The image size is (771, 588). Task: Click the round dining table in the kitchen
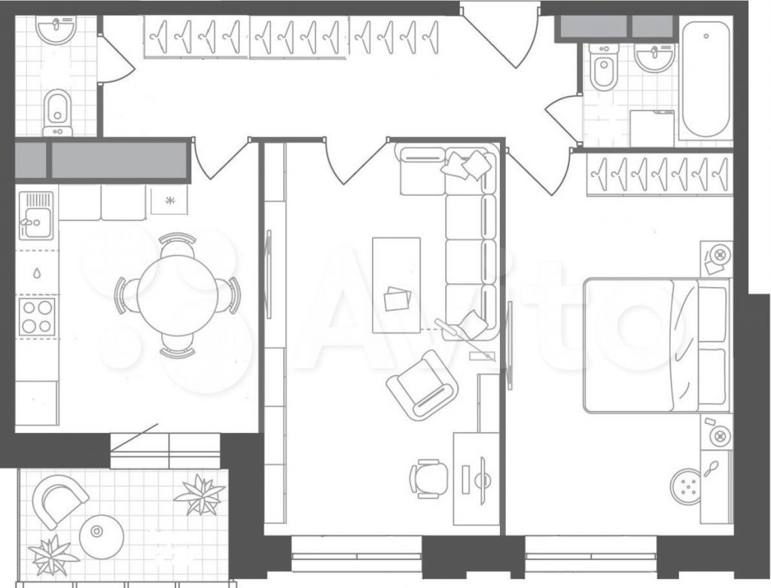(178, 295)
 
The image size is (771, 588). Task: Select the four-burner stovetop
(37, 316)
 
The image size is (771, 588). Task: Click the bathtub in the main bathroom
(705, 78)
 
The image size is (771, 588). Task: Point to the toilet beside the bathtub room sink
(604, 68)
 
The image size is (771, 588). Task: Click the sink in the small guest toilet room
(56, 30)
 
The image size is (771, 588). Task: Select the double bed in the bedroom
(656, 345)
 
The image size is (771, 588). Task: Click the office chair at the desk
(428, 478)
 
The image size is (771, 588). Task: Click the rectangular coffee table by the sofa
(396, 285)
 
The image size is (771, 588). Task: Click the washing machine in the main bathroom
(652, 128)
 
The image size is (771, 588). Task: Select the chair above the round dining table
(178, 245)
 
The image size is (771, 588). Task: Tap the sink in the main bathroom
(654, 57)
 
